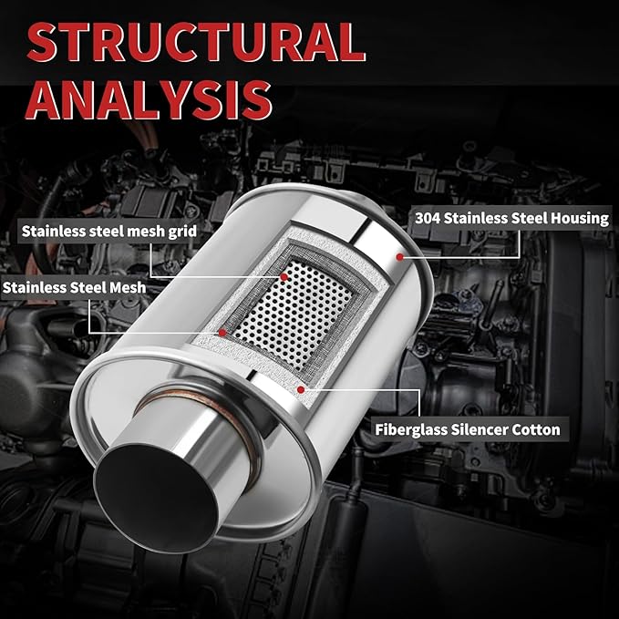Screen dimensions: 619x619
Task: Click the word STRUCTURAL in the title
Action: tap(196, 43)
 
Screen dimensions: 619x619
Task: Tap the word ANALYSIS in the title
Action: tap(149, 99)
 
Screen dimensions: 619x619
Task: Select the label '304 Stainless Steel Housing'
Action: tap(511, 218)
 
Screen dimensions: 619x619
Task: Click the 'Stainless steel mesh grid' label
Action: tap(109, 232)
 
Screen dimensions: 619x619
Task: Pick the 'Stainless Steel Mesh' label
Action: tap(74, 287)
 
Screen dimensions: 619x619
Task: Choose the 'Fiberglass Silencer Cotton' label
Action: tap(468, 429)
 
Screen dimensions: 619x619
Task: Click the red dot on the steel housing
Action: tap(399, 257)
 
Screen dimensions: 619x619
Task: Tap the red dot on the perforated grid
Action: tap(284, 277)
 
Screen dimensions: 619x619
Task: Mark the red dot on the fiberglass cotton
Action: tap(301, 390)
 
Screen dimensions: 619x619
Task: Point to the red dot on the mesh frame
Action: tap(222, 333)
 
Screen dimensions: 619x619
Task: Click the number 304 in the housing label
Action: tap(428, 218)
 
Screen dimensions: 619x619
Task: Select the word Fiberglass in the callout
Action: tap(410, 429)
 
